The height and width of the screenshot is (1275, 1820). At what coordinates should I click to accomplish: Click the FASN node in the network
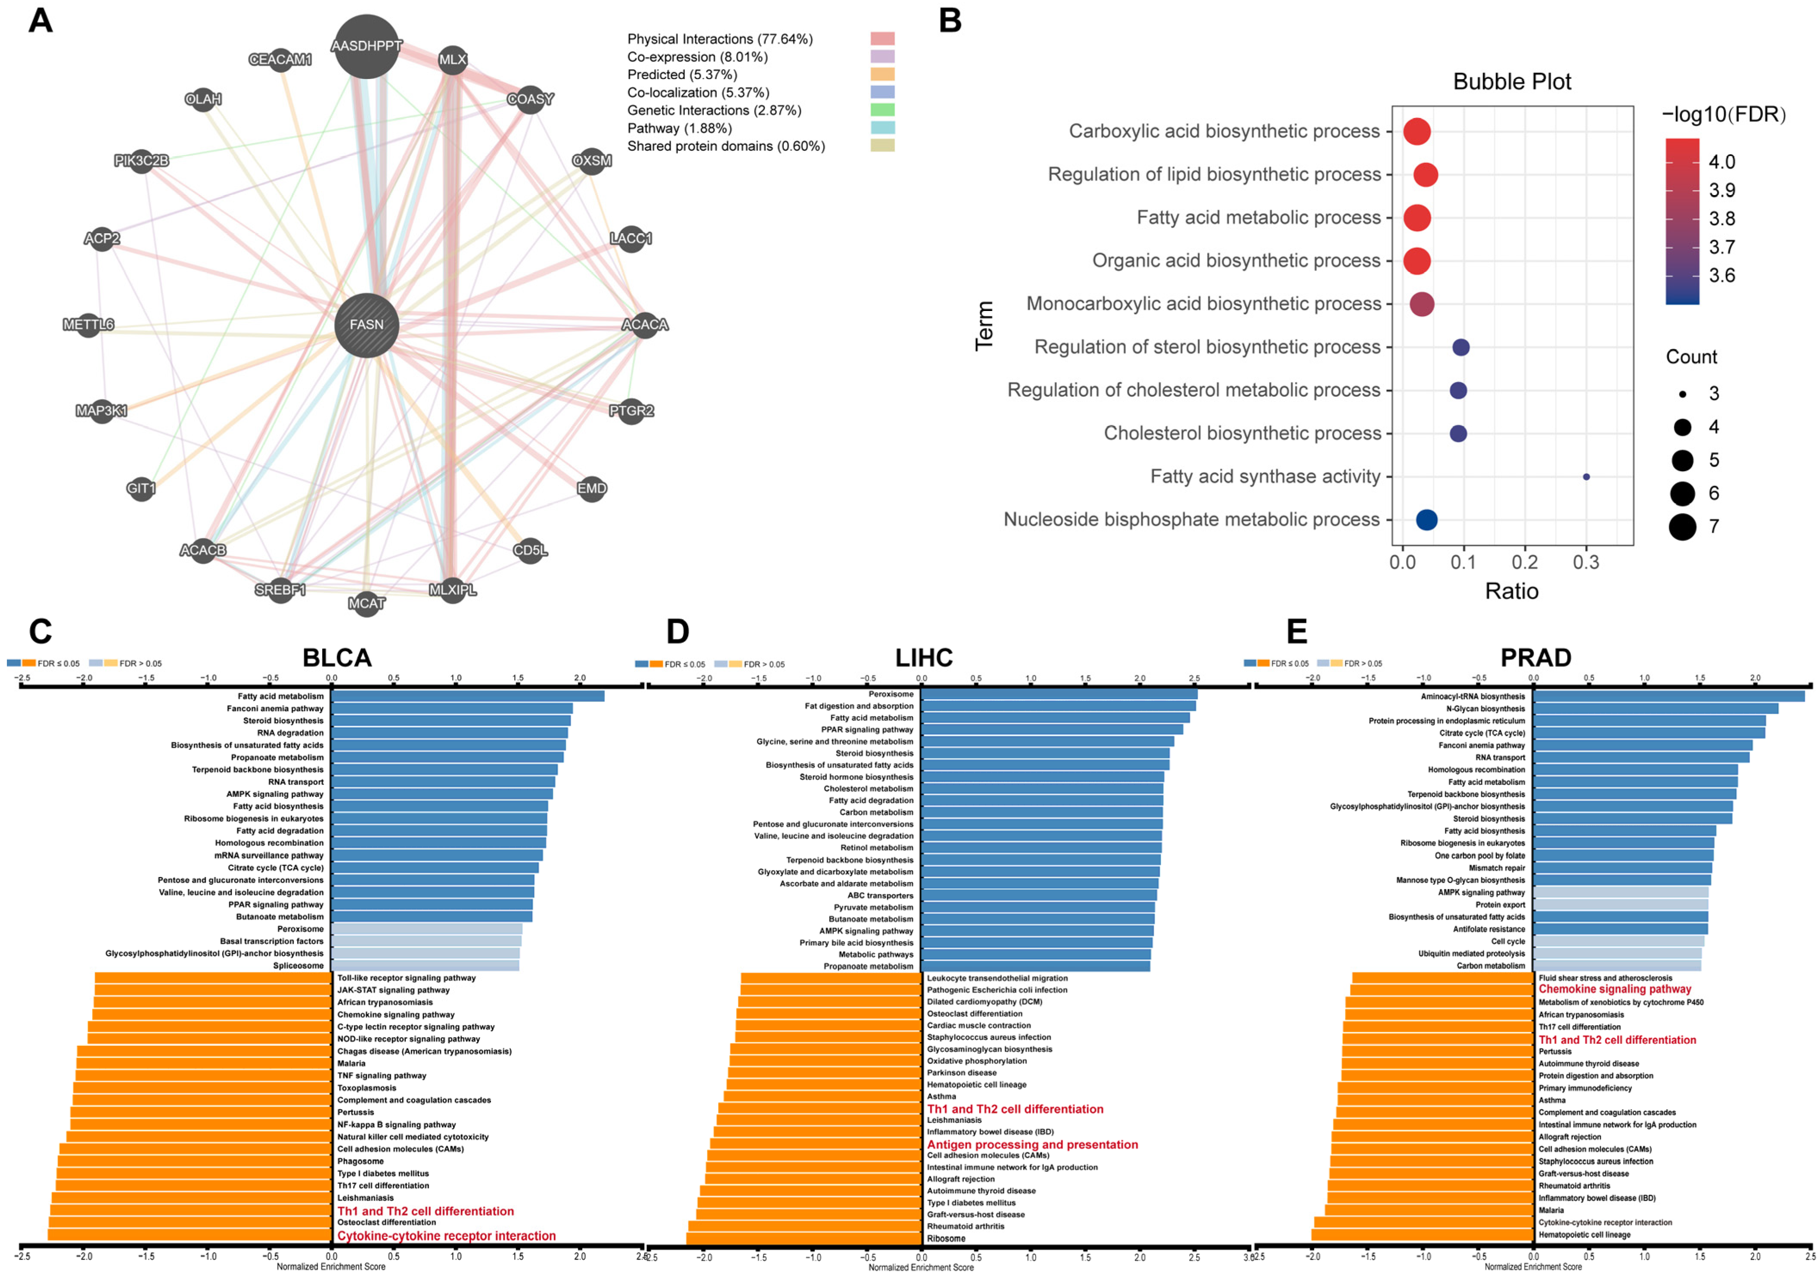click(366, 324)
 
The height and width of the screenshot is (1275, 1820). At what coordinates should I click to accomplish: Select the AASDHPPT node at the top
click(366, 46)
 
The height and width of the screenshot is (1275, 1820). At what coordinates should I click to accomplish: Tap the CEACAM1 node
click(281, 59)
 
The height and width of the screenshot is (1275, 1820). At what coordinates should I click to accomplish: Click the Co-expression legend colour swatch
click(882, 56)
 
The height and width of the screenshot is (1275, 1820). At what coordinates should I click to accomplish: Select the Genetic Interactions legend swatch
click(882, 110)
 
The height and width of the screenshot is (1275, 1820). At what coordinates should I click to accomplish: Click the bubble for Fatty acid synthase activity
click(1586, 476)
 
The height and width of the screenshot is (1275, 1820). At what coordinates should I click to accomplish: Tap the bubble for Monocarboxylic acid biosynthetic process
click(1422, 304)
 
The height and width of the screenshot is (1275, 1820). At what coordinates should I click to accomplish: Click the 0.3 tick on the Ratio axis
click(1586, 562)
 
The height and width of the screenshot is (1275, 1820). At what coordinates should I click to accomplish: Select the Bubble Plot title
click(1512, 82)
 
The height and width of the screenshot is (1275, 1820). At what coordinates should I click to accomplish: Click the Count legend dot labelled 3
click(1682, 393)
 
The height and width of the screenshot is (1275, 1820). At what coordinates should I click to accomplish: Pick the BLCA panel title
click(337, 657)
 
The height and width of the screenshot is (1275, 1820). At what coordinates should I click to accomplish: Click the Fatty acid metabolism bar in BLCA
click(468, 696)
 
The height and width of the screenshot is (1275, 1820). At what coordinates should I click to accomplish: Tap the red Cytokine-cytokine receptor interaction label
click(446, 1235)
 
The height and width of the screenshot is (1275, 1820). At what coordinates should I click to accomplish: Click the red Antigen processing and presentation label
click(1032, 1144)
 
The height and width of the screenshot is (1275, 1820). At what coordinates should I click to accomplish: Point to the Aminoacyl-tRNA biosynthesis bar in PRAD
click(1668, 696)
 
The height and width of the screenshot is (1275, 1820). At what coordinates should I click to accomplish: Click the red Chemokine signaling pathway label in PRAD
click(1615, 989)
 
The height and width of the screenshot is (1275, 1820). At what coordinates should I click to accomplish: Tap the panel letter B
click(950, 21)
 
